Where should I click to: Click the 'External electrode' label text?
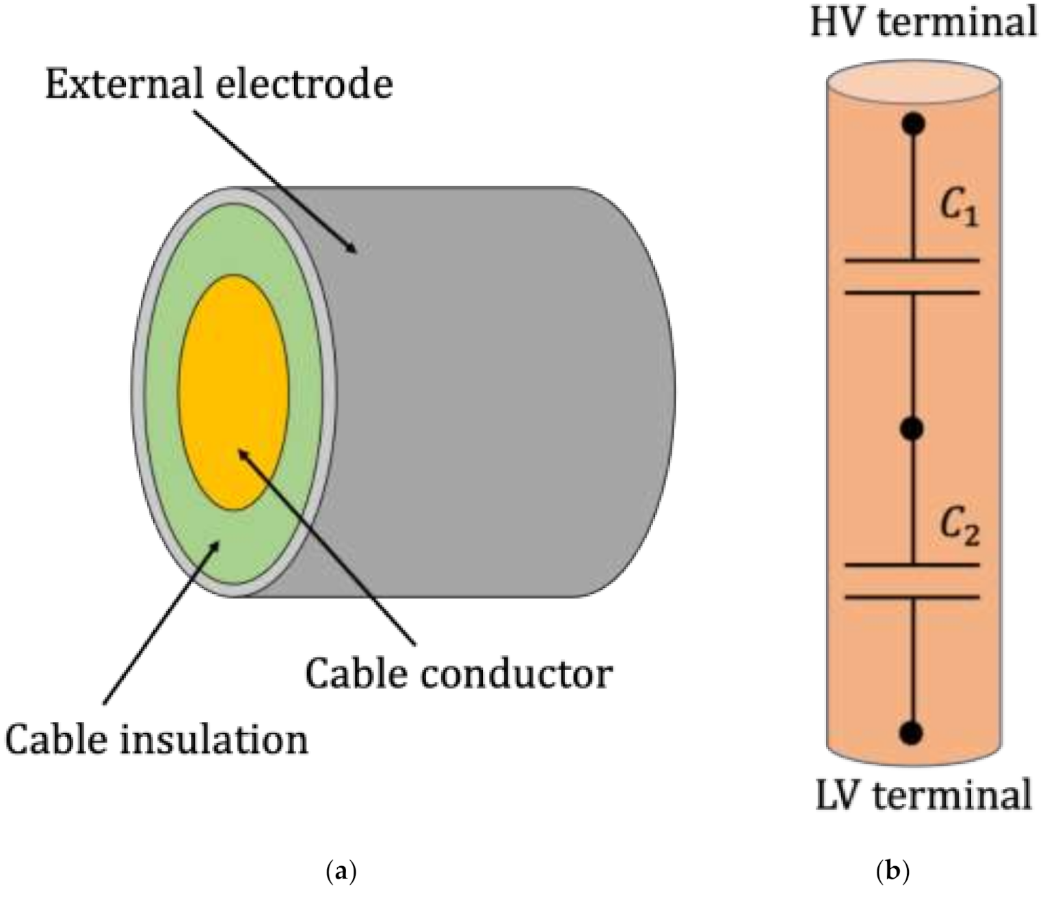pos(219,84)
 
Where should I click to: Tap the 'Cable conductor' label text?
pos(458,673)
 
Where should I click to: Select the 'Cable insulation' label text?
pos(157,740)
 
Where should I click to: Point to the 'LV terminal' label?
pos(923,795)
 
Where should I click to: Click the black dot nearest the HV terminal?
pos(913,124)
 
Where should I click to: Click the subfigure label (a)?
pos(343,872)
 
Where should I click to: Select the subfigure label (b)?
pos(892,872)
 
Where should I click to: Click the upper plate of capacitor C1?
pos(913,260)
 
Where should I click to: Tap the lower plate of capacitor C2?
pos(913,597)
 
